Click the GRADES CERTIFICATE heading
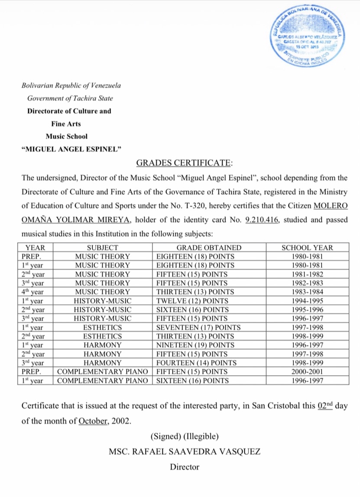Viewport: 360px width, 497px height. [x=184, y=163]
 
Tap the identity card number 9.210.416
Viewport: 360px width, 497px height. [x=262, y=220]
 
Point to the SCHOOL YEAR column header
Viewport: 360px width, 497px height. [x=307, y=248]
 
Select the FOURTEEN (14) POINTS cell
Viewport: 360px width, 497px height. [x=196, y=363]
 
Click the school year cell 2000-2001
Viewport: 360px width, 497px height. [x=307, y=372]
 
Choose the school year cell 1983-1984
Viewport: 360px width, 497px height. [x=307, y=292]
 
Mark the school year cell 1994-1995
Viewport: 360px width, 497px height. [x=307, y=301]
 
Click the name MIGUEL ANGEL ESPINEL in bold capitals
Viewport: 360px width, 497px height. [x=71, y=149]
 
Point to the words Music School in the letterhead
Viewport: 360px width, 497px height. [x=67, y=136]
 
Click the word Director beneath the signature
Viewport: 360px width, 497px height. [x=185, y=467]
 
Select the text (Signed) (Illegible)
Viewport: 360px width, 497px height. [x=185, y=435]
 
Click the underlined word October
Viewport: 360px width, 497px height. [x=93, y=421]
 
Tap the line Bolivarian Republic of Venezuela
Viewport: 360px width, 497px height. [x=71, y=85]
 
